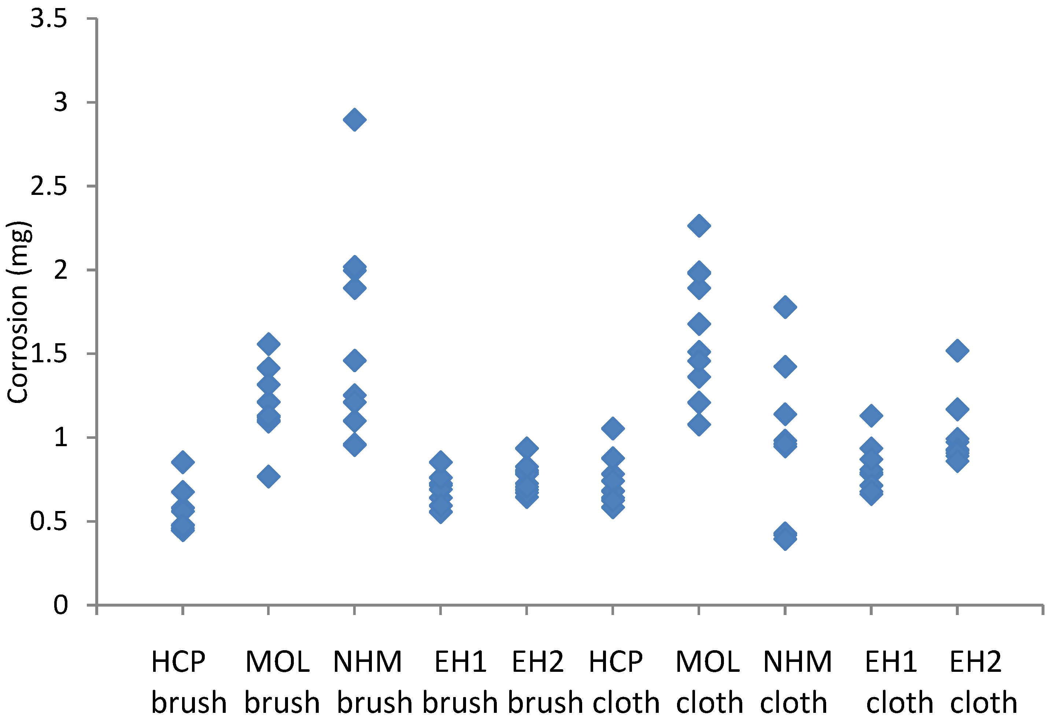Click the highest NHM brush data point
[x=354, y=120]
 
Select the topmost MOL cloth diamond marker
[x=699, y=226]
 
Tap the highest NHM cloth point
[x=785, y=307]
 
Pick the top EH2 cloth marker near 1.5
[x=957, y=351]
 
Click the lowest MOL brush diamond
[x=268, y=476]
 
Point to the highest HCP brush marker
[x=183, y=462]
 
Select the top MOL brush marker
[x=268, y=344]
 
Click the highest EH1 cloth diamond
[x=871, y=416]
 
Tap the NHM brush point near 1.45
[x=354, y=360]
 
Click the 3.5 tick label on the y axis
[x=49, y=19]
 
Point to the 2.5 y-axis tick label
[x=49, y=186]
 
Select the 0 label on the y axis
[x=60, y=605]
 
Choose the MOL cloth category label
[x=709, y=682]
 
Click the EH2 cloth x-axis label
[x=983, y=682]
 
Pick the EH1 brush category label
[x=460, y=682]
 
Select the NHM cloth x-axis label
[x=796, y=682]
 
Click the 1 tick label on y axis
[x=60, y=437]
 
